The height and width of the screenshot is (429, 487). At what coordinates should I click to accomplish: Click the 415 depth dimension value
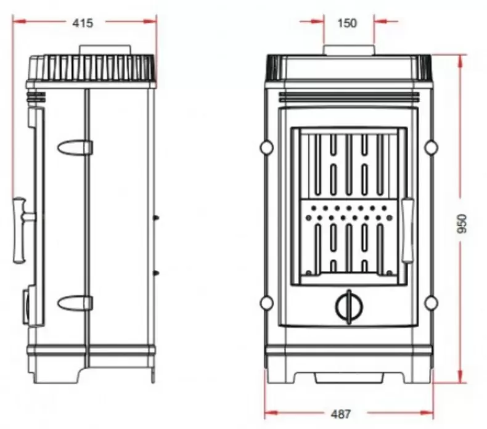point(83,23)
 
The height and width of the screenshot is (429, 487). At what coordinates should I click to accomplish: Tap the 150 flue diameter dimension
point(347,23)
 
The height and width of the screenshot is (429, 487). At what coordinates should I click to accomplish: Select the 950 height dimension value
point(462,224)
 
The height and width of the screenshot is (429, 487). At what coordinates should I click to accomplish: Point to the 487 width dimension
point(341,414)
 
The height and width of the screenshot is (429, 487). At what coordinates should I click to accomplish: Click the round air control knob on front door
point(349,306)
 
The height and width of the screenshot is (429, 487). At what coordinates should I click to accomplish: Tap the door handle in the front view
point(407,230)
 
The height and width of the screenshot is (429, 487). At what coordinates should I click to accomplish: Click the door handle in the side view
point(22,230)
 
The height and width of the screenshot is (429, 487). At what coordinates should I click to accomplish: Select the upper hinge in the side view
point(75,147)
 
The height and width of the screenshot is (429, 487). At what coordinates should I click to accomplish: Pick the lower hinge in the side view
point(75,303)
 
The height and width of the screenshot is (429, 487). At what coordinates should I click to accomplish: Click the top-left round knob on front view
point(266,147)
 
